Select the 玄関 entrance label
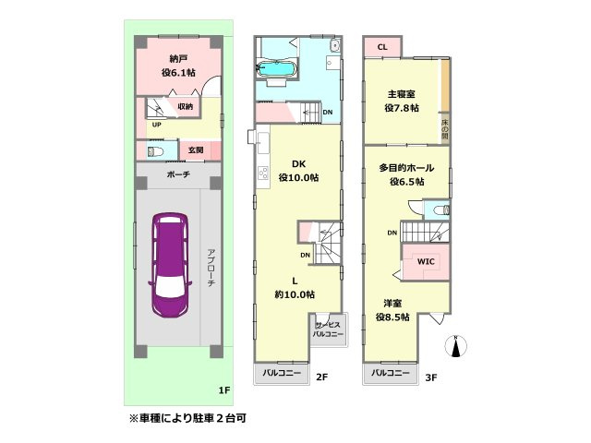coord(196,150)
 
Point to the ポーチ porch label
coord(178,174)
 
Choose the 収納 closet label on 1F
coord(186,106)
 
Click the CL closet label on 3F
coord(382,46)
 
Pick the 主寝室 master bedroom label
coord(402,99)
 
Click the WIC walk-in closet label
coord(426,261)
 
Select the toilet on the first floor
coord(154,150)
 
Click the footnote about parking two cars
coord(188,418)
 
